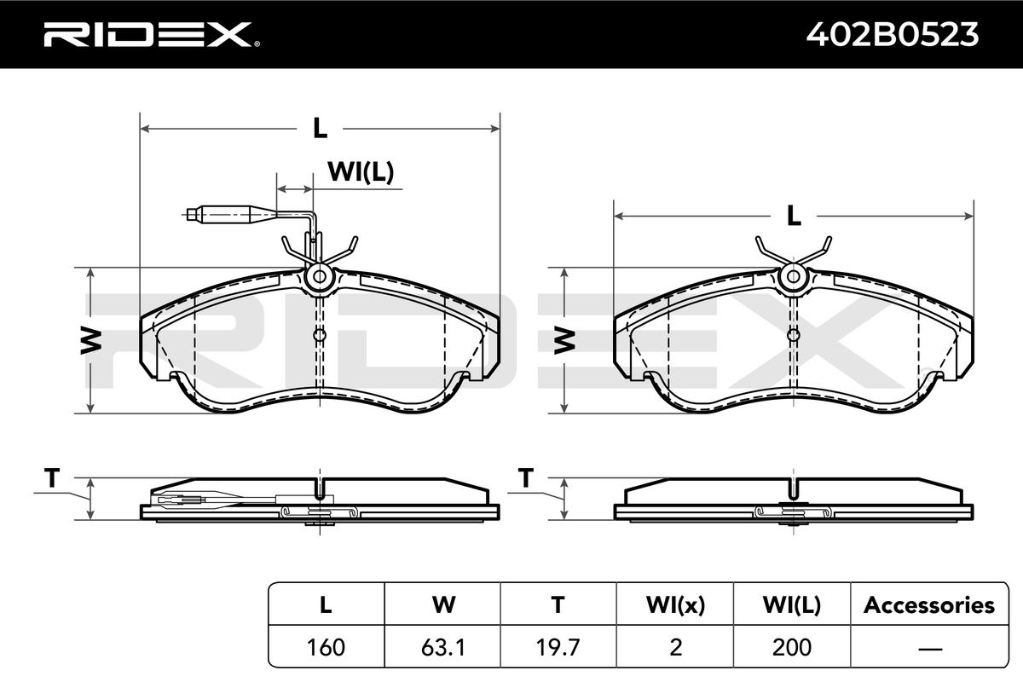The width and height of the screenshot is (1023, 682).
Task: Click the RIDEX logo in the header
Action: pos(152,34)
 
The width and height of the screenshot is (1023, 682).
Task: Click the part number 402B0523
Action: pos(893,35)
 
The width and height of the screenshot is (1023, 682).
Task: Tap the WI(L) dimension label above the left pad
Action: pos(361,171)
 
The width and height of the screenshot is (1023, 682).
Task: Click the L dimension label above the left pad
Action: pos(321,128)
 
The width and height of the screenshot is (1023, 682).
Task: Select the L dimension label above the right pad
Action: pos(794,216)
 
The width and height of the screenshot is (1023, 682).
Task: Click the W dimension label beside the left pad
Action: pos(91,341)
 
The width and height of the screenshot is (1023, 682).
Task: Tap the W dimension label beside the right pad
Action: pos(564,341)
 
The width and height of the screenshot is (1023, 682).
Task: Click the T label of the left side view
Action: pos(52,478)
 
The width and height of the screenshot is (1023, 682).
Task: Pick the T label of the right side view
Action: pos(526,478)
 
